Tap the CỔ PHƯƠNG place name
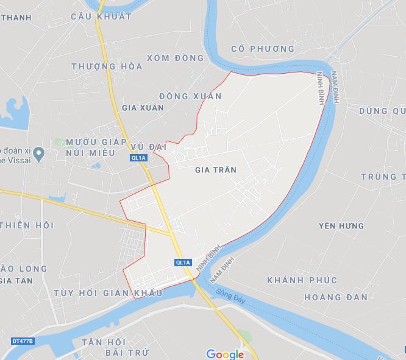(x=263, y=49)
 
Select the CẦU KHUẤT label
(x=101, y=16)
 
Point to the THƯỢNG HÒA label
(x=107, y=66)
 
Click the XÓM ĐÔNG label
(x=175, y=58)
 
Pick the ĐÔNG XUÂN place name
(x=190, y=96)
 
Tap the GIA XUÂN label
(x=143, y=107)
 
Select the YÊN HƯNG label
(x=341, y=226)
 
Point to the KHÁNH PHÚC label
(x=302, y=280)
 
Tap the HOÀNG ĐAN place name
(x=335, y=297)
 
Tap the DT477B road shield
(x=23, y=340)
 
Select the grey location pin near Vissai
(x=38, y=152)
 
